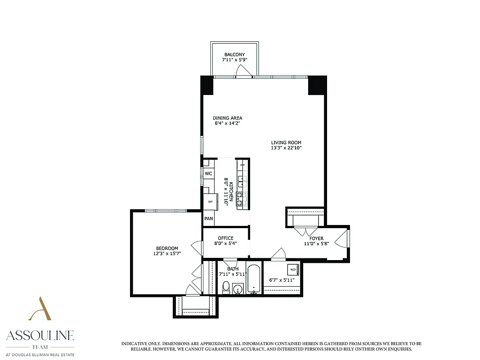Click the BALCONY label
[x=234, y=54]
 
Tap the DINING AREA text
[x=227, y=118]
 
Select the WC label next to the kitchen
[x=208, y=174]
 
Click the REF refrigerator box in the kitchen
[x=210, y=202]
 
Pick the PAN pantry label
[x=209, y=219]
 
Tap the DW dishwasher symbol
[x=242, y=165]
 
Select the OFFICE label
[x=225, y=238]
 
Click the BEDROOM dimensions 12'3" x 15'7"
[x=167, y=253]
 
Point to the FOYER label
[x=316, y=238]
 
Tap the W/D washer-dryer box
[x=293, y=270]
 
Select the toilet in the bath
[x=227, y=286]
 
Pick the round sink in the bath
[x=238, y=288]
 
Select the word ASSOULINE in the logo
[x=40, y=335]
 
